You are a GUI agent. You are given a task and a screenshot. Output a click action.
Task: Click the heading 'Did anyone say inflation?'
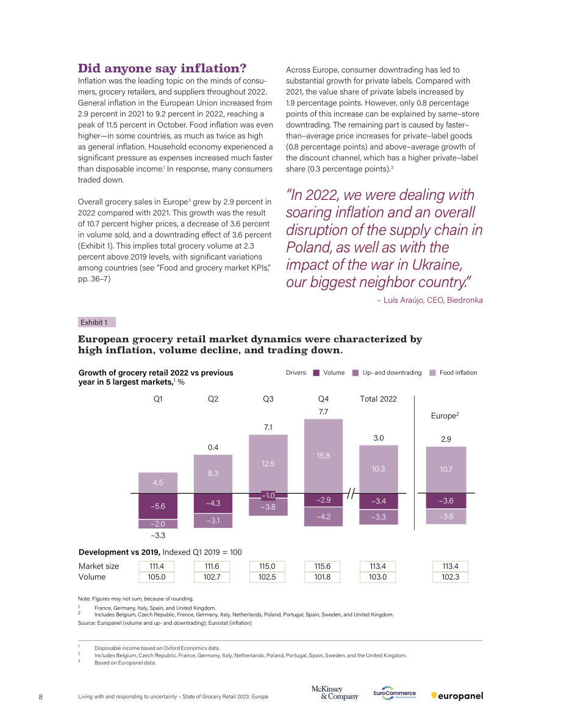tap(162, 68)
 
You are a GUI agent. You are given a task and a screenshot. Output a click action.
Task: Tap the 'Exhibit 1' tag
tap(96, 322)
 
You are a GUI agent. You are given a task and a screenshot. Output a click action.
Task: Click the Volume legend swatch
tap(316, 372)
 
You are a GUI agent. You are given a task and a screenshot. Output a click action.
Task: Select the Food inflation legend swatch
tap(433, 372)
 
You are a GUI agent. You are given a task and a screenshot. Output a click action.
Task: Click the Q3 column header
tap(268, 399)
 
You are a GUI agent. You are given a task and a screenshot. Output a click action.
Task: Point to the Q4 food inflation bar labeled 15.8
tap(323, 456)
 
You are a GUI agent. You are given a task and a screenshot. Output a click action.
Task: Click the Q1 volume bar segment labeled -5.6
tap(158, 506)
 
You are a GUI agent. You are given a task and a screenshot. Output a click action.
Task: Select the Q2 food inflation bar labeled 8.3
tap(213, 474)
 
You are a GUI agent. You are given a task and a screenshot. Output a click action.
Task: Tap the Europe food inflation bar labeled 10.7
tap(446, 469)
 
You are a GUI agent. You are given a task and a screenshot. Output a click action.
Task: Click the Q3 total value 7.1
tap(268, 427)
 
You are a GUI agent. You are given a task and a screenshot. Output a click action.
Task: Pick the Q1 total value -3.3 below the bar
tap(158, 535)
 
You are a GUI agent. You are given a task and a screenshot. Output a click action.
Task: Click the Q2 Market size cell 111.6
tap(212, 566)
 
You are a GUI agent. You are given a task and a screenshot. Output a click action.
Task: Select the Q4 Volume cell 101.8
tap(323, 577)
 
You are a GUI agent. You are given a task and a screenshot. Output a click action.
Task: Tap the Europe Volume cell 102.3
tap(450, 577)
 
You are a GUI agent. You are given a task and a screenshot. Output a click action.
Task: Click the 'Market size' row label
tap(99, 566)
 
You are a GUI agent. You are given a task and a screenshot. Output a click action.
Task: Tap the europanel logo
tap(457, 696)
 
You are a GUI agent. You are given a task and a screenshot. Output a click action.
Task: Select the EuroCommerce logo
tap(395, 693)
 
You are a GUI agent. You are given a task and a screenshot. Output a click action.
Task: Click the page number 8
tap(41, 697)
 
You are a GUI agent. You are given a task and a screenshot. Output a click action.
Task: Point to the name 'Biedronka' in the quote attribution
tap(465, 300)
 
